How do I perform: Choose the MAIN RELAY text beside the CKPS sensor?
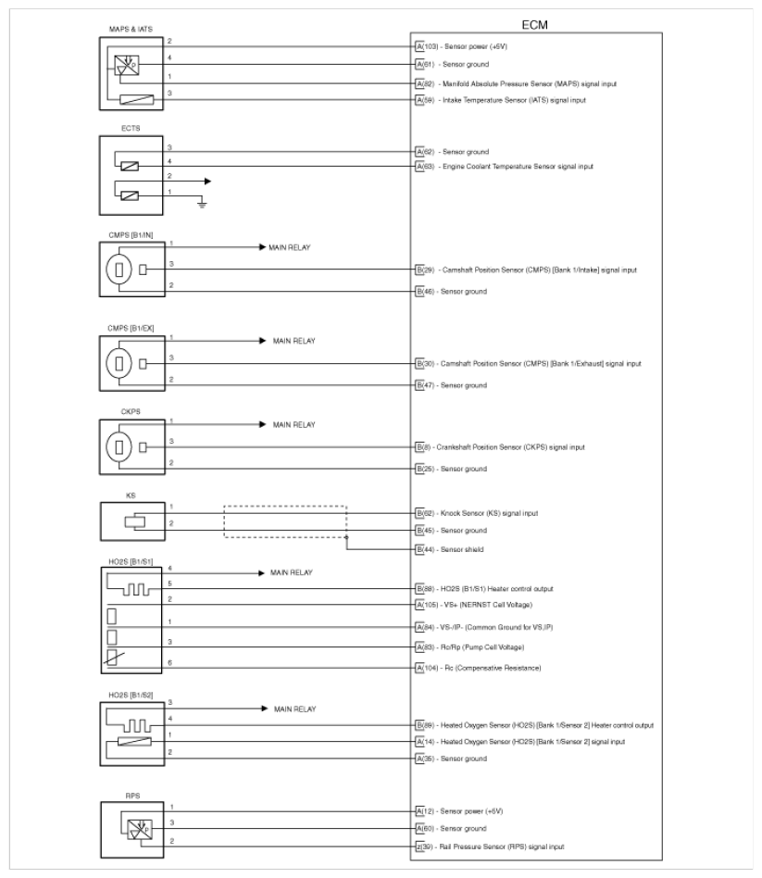(294, 425)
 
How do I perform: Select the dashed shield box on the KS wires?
(285, 521)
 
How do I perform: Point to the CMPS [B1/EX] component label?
(122, 326)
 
